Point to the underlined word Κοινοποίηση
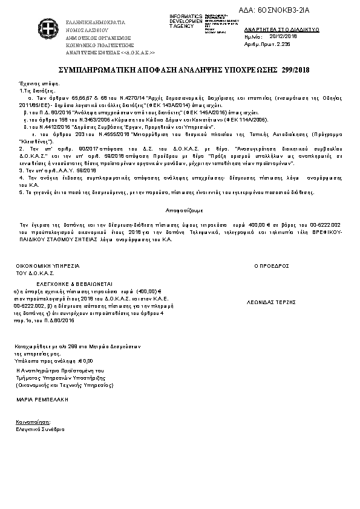tap(34, 422)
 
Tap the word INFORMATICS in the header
tap(186, 15)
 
